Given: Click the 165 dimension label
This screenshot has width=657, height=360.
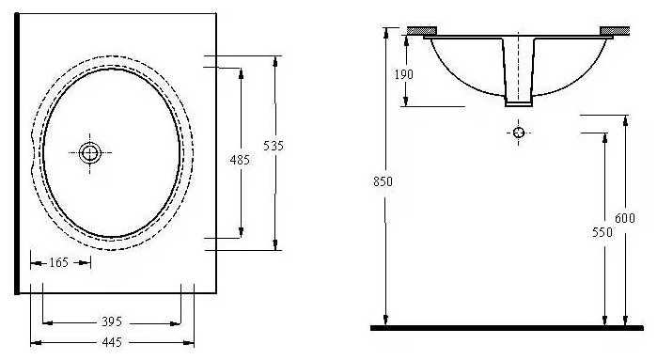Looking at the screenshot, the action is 58,263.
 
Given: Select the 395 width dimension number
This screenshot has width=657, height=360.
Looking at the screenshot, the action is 112,321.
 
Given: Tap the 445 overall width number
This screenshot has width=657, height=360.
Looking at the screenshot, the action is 112,342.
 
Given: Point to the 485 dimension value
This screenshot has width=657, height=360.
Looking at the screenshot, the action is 240,160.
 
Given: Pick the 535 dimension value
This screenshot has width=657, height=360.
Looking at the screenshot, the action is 274,146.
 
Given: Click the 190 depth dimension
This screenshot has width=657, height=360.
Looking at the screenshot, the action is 404,74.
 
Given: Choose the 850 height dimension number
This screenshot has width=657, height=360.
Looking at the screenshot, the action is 383,181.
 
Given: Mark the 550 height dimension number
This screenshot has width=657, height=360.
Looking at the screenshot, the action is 602,232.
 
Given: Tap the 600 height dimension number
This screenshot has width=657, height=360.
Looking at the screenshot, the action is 625,218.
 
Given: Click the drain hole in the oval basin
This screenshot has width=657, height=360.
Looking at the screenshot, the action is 89,152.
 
